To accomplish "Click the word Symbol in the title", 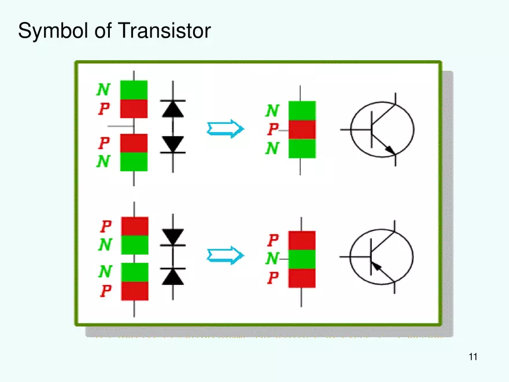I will (x=47, y=30).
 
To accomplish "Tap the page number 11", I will (x=473, y=357).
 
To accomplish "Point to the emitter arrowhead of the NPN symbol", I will (x=391, y=150).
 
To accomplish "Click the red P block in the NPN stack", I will (x=302, y=130).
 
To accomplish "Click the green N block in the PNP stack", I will (x=302, y=259).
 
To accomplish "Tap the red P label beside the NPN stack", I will (x=272, y=130).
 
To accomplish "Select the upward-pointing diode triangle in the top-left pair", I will (x=172, y=109).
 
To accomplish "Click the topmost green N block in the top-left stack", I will (x=134, y=90).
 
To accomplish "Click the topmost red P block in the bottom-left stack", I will (x=134, y=226).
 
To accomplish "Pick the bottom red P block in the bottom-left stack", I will (x=134, y=291).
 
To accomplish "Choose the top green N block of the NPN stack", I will (x=302, y=111).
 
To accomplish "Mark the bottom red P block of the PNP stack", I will (x=302, y=278).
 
